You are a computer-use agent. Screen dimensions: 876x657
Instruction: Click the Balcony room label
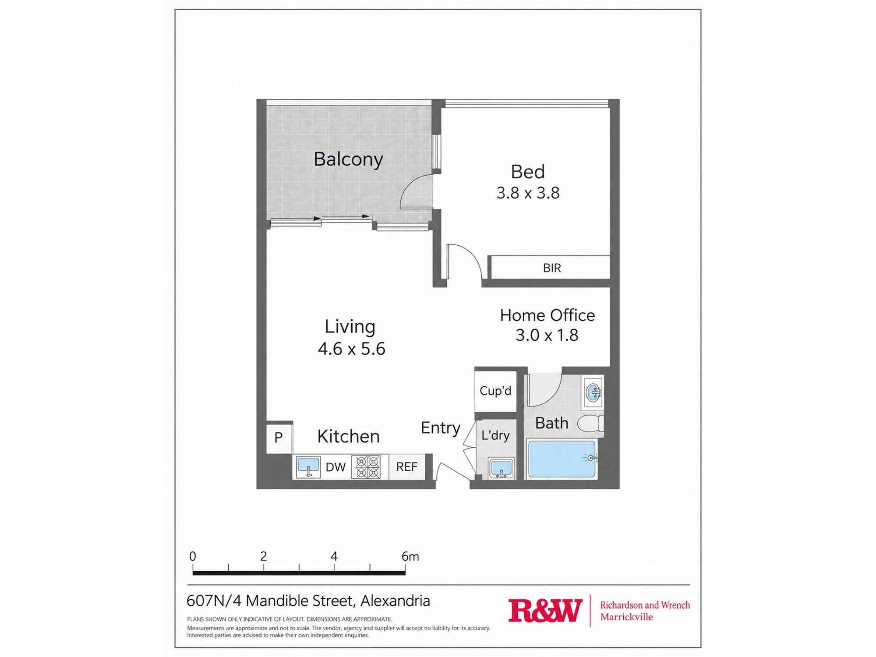tap(348, 159)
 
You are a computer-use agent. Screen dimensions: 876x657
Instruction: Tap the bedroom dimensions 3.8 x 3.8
tap(528, 193)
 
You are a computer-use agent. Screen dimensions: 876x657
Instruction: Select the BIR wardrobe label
tap(552, 268)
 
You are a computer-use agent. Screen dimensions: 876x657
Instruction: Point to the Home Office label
tap(547, 315)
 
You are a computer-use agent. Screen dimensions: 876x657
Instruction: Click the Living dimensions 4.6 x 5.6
tap(351, 349)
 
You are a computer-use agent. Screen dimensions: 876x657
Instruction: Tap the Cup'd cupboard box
tap(495, 391)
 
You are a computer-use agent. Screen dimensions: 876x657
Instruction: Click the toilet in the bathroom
tap(591, 424)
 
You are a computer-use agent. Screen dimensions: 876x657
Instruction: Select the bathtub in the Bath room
tap(562, 459)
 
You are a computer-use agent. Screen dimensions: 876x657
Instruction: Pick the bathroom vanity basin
tap(593, 392)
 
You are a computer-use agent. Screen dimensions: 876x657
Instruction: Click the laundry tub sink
tap(502, 468)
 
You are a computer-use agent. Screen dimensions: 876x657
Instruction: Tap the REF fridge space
tap(406, 467)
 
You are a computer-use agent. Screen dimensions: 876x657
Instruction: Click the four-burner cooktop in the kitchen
tap(367, 467)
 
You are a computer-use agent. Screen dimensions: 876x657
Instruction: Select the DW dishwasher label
tap(336, 467)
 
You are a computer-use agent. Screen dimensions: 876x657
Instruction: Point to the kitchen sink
tap(308, 467)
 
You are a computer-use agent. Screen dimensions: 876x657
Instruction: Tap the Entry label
tap(440, 428)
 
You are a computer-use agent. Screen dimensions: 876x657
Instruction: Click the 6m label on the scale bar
tap(410, 556)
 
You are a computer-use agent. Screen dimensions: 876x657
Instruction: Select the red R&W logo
tap(545, 611)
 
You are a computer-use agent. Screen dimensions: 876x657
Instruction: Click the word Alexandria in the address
tap(395, 601)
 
